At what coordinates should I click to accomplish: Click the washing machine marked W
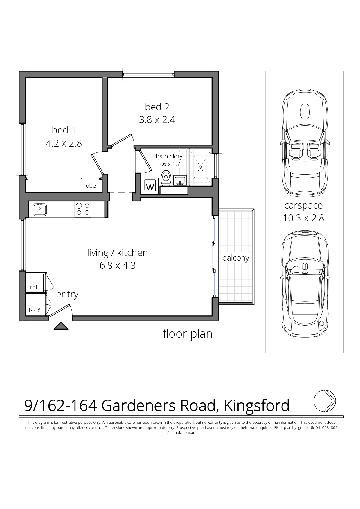[x=150, y=186]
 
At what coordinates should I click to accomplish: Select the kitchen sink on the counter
[x=39, y=210]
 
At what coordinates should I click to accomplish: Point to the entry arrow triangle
[x=61, y=326]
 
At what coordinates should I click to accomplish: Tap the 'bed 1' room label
[x=64, y=130]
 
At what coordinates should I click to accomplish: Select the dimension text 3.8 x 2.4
[x=157, y=120]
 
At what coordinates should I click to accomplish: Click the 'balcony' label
[x=236, y=258]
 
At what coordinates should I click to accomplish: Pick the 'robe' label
[x=90, y=186]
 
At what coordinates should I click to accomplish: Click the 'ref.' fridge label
[x=34, y=288]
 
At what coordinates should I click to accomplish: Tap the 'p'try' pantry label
[x=35, y=309]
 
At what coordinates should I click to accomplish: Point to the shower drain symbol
[x=200, y=167]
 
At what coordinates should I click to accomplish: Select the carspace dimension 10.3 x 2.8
[x=303, y=218]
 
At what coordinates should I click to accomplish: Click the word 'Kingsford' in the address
[x=257, y=406]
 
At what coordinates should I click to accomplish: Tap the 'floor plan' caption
[x=188, y=334]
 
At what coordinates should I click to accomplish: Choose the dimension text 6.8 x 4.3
[x=118, y=266]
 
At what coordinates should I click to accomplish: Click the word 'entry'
[x=67, y=295]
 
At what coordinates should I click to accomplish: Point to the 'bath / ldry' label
[x=169, y=156]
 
